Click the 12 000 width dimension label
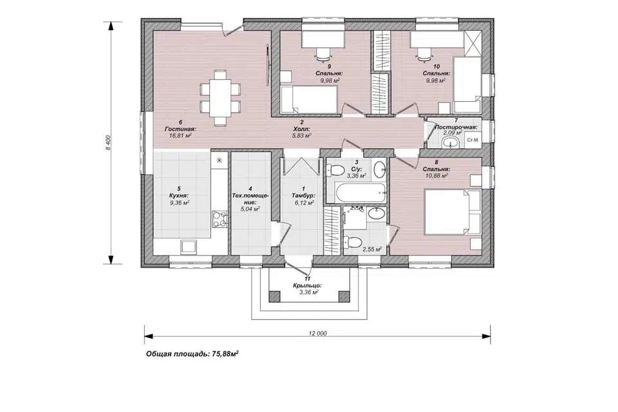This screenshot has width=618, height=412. pos(317,333)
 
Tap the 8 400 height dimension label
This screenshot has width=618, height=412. pos(108,142)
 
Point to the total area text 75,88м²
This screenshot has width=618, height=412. pos(225,353)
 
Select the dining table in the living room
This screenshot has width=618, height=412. pos(220,97)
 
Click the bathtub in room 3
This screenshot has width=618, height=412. pos(360,192)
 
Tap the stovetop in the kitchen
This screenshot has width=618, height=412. pos(220,220)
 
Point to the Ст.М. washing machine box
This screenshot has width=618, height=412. pos(473,140)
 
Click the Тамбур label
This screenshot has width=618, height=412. pos(303,196)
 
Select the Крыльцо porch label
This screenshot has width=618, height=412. pos(308,285)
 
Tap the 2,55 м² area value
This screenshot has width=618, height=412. pos(372,249)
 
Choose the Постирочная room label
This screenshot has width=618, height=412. pos(456,127)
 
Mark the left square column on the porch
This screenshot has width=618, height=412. pos(274,295)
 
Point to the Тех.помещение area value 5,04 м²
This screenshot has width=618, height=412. pos(250,209)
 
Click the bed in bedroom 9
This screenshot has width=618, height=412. pos(309,98)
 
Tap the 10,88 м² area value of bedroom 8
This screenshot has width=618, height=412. pos(436,176)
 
